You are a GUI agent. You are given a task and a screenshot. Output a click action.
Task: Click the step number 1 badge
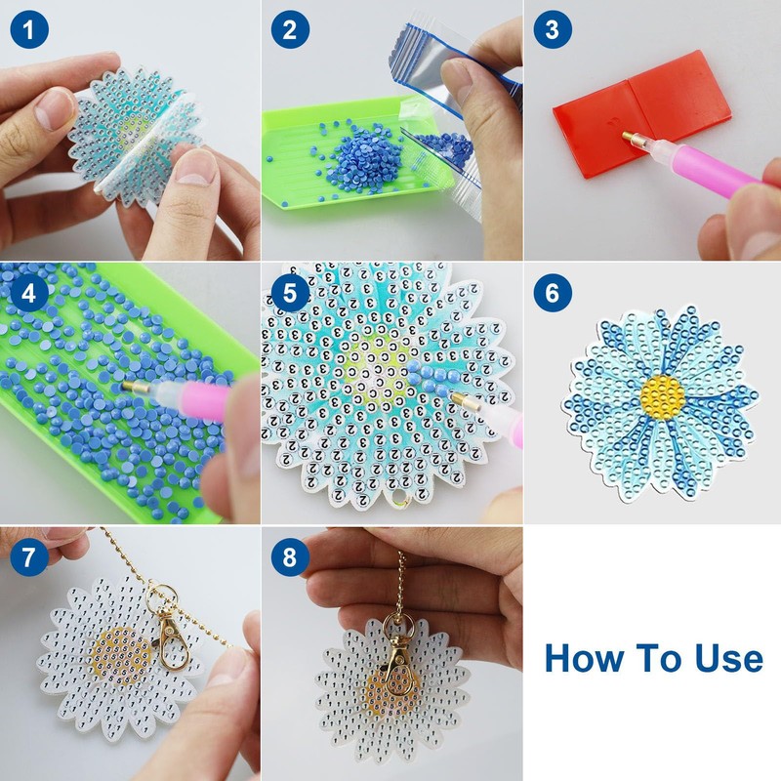(29, 29)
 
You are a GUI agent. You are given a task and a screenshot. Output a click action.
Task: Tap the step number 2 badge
(290, 29)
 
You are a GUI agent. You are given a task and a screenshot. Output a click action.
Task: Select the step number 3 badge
(553, 29)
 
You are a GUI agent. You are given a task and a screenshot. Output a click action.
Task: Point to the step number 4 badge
(29, 292)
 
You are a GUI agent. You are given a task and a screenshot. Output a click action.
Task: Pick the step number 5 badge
(290, 292)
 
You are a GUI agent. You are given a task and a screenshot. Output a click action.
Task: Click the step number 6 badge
(553, 292)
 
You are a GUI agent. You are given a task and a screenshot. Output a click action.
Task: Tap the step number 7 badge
(29, 556)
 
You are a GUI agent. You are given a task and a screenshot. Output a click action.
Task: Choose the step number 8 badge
(290, 556)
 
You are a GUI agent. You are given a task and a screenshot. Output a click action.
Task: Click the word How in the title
(583, 658)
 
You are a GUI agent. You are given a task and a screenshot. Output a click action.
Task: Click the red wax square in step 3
(642, 113)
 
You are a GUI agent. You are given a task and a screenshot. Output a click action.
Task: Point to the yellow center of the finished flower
(662, 397)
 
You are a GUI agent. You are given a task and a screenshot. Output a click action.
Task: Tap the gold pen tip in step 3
(630, 137)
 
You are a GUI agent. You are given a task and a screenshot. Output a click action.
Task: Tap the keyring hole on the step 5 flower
(398, 498)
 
